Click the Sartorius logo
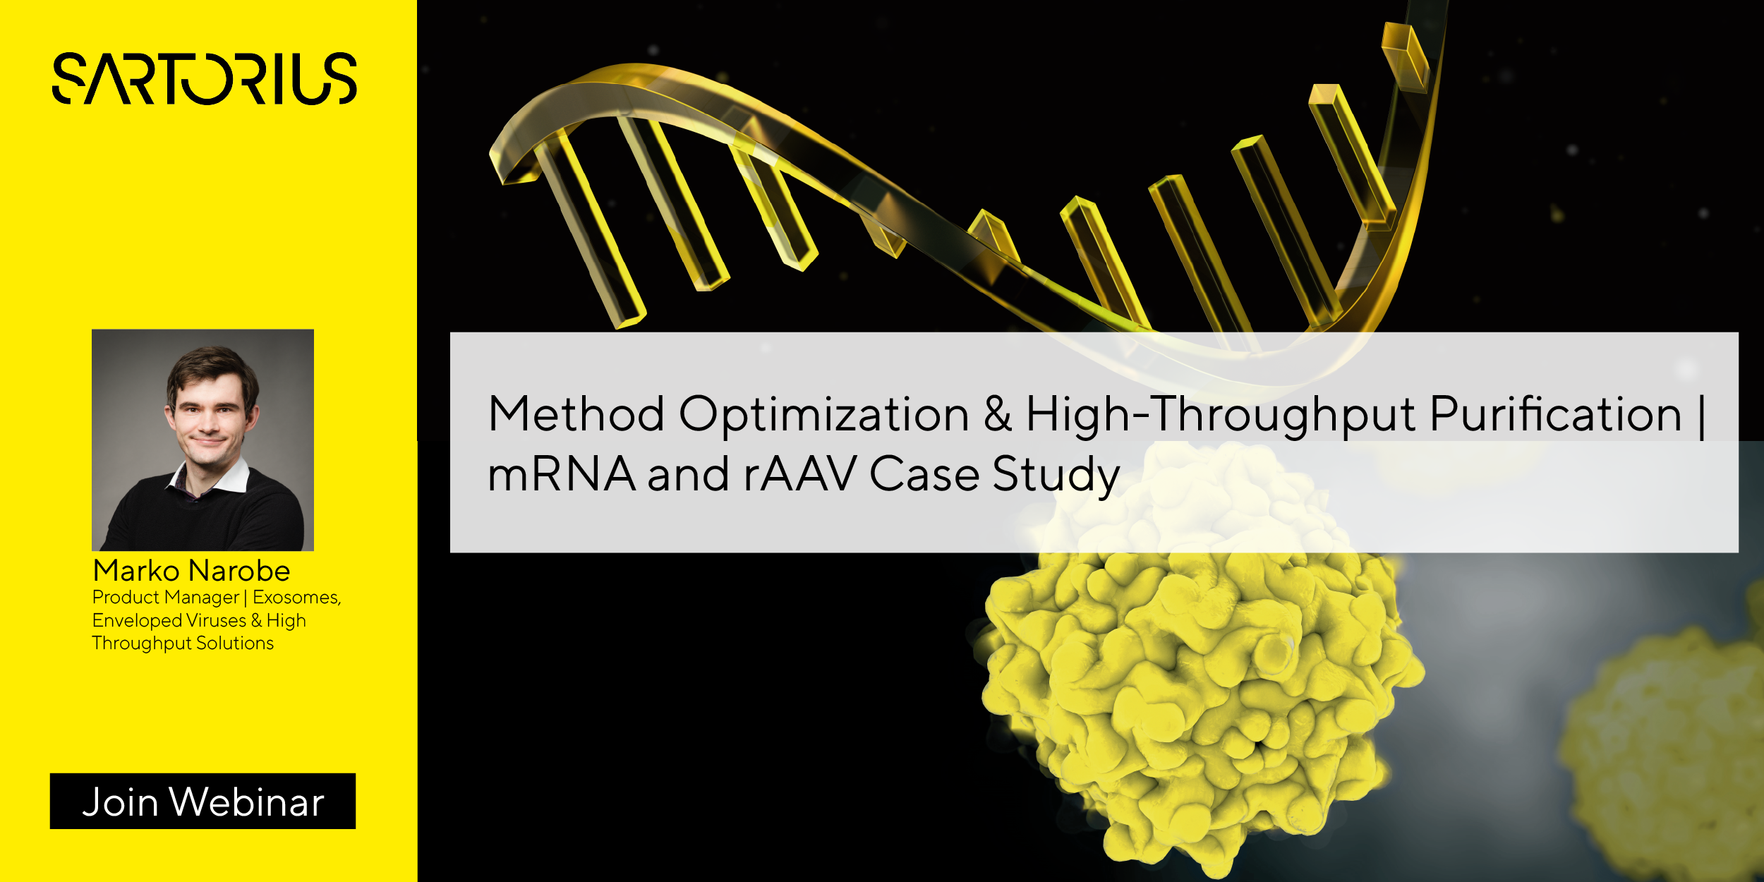click(205, 78)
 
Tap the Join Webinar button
click(203, 801)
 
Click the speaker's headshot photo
click(203, 440)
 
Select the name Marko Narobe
click(191, 570)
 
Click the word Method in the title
click(576, 414)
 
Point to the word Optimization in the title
click(823, 414)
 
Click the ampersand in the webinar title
click(997, 414)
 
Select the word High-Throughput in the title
click(1220, 414)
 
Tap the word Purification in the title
click(1555, 414)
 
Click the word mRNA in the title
click(562, 474)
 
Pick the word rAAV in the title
click(799, 474)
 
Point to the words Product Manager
click(166, 598)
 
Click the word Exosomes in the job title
click(296, 598)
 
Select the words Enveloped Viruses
click(169, 621)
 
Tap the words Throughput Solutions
click(183, 644)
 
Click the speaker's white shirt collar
click(233, 476)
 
